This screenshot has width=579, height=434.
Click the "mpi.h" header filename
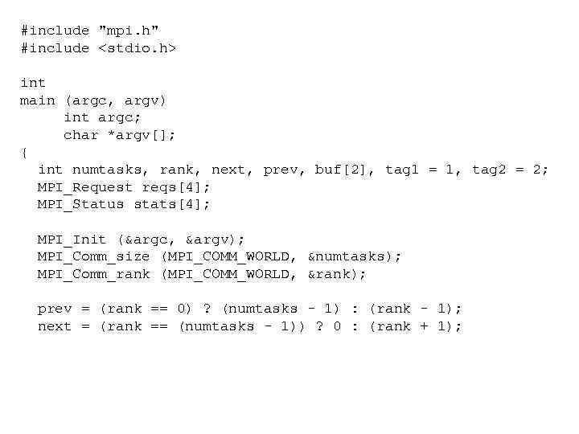(129, 31)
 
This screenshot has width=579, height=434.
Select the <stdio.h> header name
(137, 48)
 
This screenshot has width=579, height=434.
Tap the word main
(37, 100)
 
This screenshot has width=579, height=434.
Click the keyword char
(80, 135)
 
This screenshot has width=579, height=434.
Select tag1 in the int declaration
(402, 170)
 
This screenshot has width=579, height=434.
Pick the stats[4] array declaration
(172, 204)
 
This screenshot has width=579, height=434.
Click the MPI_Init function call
(72, 240)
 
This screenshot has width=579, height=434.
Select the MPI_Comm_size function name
(93, 257)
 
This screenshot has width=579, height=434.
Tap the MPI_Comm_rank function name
(93, 274)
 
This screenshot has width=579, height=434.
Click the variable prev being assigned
(55, 309)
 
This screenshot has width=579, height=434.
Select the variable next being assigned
(55, 326)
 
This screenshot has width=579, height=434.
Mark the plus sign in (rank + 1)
(424, 326)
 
